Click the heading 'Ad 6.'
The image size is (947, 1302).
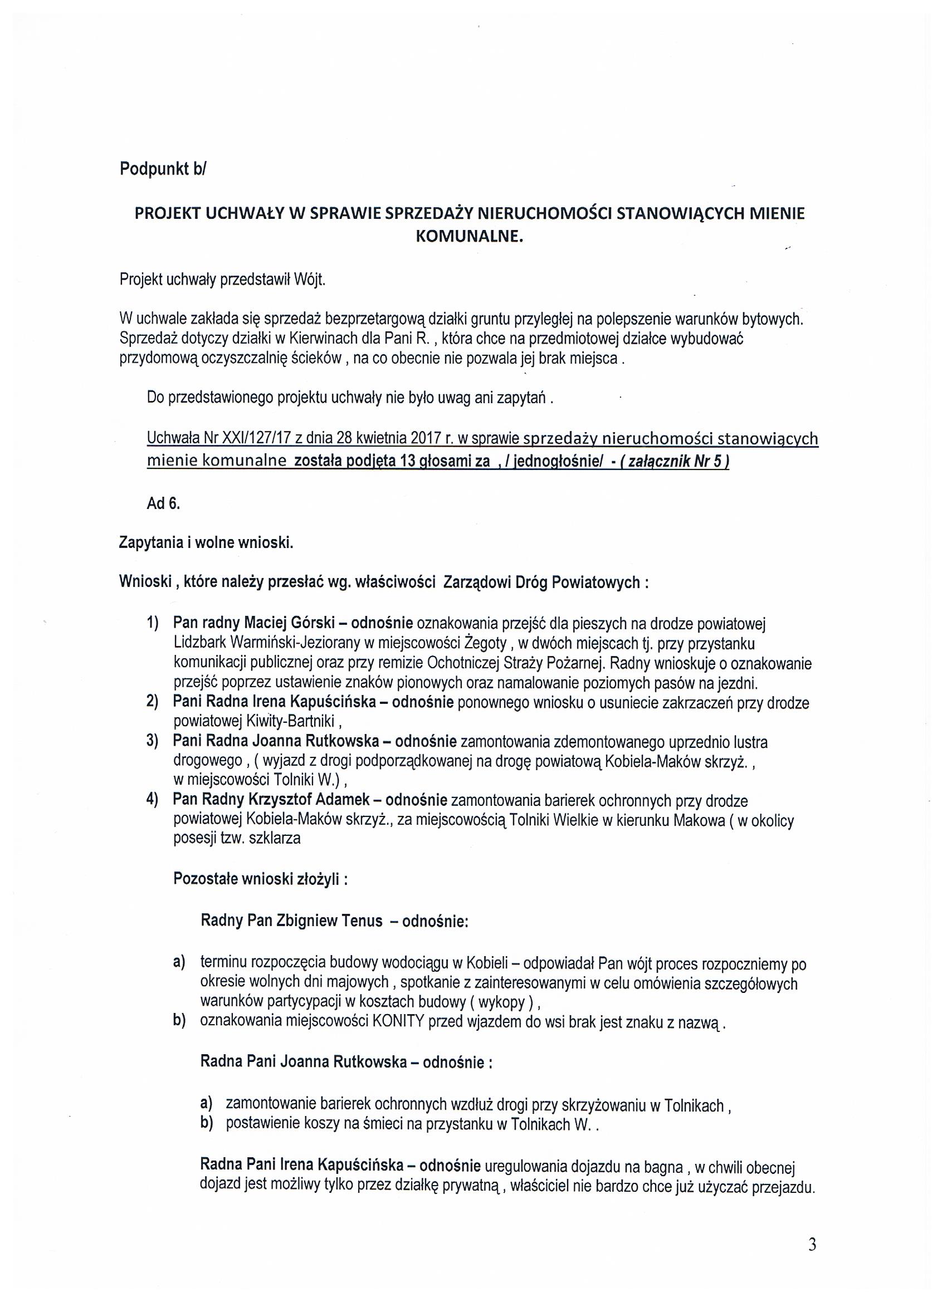pyautogui.click(x=163, y=503)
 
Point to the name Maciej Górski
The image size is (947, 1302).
pyautogui.click(x=294, y=624)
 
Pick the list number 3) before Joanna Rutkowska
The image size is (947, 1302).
pyautogui.click(x=152, y=742)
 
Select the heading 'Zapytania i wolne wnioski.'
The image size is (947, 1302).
pyautogui.click(x=206, y=543)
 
